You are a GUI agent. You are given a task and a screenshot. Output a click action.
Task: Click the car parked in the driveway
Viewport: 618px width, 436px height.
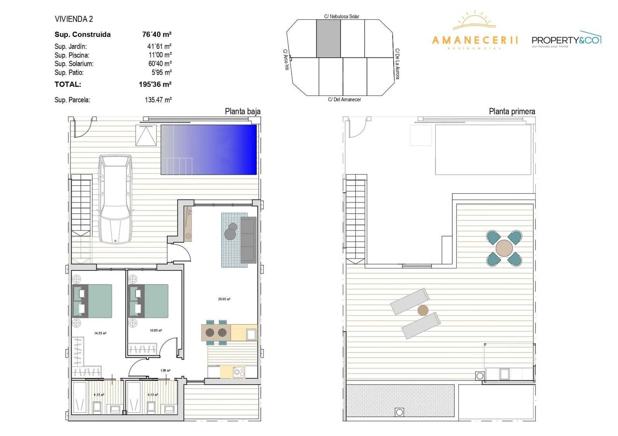115,199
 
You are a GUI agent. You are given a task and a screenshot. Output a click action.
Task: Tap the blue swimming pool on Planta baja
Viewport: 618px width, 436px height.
209,149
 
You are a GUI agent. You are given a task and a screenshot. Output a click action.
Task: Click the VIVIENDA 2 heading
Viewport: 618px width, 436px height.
74,19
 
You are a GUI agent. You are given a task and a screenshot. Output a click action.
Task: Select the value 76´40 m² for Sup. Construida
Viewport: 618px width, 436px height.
156,34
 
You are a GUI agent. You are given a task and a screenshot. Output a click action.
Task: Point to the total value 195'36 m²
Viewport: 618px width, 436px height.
155,84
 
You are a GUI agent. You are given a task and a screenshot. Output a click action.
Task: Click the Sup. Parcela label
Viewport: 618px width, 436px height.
72,100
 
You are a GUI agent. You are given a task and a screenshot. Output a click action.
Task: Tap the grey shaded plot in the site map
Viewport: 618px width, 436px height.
328,39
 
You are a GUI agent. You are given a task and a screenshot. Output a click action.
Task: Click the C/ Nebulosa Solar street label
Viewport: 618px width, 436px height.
341,17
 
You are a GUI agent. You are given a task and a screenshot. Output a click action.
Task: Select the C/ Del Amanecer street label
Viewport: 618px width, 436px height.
344,100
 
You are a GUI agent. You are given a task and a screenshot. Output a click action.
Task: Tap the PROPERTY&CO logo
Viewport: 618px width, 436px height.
566,40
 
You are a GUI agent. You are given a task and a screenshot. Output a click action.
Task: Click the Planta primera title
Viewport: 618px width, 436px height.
512,112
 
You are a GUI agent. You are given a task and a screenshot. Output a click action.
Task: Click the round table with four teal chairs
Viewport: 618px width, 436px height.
504,248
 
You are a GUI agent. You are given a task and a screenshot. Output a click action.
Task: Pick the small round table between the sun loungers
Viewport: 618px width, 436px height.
423,310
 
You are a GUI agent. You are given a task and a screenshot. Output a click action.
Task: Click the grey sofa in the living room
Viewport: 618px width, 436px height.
248,240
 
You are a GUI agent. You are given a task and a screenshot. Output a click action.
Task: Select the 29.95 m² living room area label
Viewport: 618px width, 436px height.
224,299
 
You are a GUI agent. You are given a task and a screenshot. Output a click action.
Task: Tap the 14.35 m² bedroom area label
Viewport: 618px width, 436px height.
100,333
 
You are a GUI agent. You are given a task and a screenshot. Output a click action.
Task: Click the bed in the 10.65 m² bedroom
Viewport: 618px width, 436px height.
153,301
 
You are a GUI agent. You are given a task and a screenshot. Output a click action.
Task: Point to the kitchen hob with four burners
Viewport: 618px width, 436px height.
238,372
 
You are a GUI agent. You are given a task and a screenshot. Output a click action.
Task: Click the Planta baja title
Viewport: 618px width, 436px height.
243,112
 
